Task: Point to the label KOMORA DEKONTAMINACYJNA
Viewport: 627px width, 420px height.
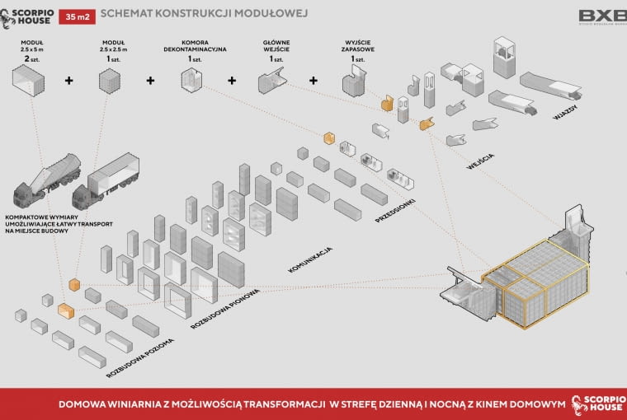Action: [193, 48]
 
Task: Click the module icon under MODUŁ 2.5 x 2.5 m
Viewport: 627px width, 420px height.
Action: [110, 82]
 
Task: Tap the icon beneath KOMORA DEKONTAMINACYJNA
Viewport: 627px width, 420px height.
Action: [192, 81]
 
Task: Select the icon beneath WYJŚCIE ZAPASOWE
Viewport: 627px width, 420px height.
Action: [356, 82]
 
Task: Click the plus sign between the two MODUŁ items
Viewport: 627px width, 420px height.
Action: [69, 81]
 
